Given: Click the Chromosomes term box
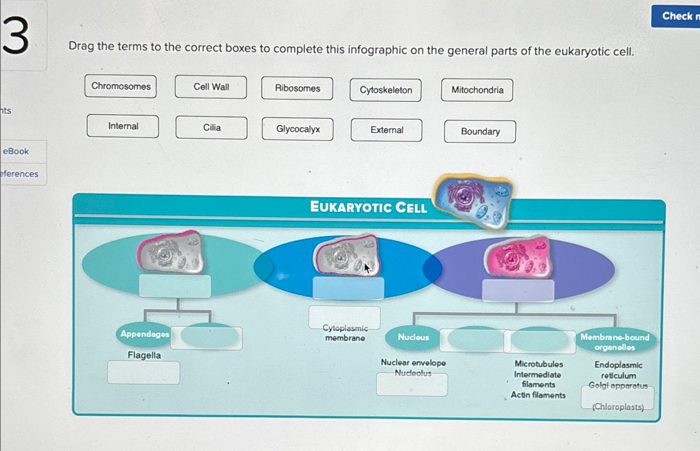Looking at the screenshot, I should point(120,86).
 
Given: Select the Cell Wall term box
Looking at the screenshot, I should point(211,87).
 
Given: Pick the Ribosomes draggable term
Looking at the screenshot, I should point(297,88).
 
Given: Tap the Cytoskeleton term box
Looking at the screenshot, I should point(386,90).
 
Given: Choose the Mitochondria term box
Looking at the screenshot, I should point(477,90).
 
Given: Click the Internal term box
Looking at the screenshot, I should point(123,126).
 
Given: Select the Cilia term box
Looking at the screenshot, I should point(211,127).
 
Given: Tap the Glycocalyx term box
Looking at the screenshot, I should point(297,129).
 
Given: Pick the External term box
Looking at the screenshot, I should point(386,130).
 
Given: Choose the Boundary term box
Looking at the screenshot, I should point(480,132).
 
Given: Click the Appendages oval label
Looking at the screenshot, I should point(144,334).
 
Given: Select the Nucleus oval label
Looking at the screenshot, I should point(413,337).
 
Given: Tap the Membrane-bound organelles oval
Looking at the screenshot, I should point(614,342).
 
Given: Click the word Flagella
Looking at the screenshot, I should point(144,355).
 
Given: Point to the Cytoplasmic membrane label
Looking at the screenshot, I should point(345,333).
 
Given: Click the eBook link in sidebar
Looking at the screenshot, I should point(16,151).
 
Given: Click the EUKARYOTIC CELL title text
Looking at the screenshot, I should point(368,207).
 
